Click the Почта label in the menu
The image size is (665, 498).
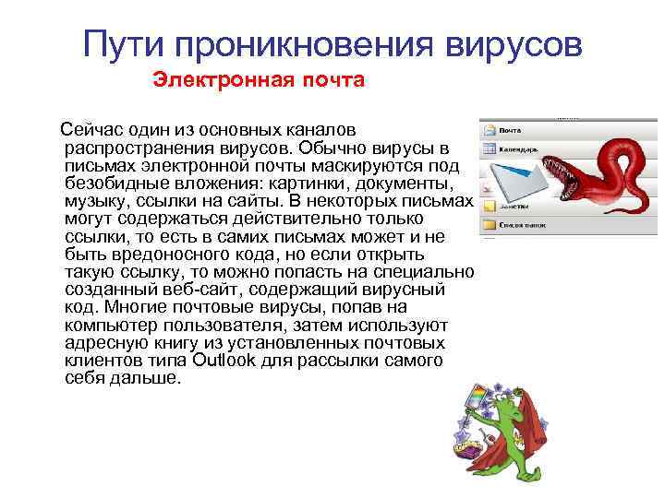(510, 130)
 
